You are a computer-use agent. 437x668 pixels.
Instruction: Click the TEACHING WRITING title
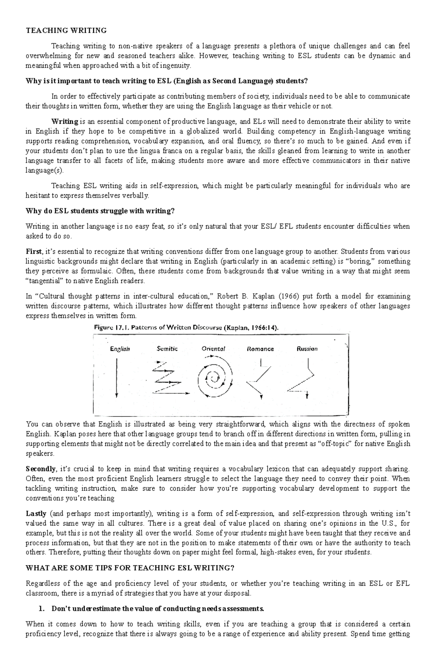[66, 31]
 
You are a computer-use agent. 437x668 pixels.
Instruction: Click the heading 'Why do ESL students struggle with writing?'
[100, 211]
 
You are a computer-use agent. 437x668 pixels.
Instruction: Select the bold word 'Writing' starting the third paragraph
[65, 121]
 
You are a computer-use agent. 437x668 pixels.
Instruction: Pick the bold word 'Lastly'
[36, 514]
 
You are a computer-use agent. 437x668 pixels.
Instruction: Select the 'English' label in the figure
[120, 349]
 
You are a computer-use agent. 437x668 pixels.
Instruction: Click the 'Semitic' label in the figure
[167, 349]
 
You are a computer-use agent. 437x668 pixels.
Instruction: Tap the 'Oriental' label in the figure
[213, 349]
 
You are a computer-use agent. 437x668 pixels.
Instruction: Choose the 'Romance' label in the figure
[260, 349]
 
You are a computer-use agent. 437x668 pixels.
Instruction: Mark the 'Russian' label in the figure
[307, 349]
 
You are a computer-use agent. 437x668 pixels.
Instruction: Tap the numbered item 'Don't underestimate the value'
[157, 609]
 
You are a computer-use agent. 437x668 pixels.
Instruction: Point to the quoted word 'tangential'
[44, 281]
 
